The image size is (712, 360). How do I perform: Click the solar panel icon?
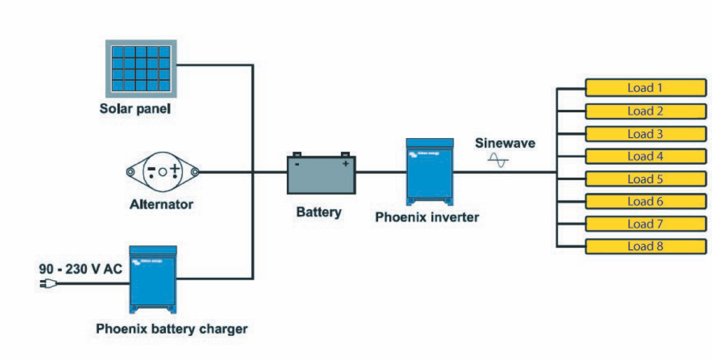[141, 68]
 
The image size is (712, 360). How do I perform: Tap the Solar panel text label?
[135, 109]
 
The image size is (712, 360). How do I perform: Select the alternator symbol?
[162, 171]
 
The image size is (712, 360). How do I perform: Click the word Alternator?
[161, 204]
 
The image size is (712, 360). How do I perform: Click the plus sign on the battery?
[345, 164]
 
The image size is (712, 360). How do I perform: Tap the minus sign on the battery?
[297, 164]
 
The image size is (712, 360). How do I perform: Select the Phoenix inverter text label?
[427, 217]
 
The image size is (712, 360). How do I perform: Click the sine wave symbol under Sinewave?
[498, 160]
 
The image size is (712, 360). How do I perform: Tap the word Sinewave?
[505, 143]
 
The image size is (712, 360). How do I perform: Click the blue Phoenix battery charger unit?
[153, 279]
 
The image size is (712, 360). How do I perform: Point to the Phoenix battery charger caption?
[171, 329]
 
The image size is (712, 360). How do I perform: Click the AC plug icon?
[48, 283]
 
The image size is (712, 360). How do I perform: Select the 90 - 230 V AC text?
[80, 269]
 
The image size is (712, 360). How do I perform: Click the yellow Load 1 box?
[645, 88]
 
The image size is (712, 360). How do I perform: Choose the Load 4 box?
[645, 157]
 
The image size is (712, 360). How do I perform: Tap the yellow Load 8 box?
[645, 246]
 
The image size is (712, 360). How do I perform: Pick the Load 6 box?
[645, 202]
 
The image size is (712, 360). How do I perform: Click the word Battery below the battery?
[318, 212]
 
